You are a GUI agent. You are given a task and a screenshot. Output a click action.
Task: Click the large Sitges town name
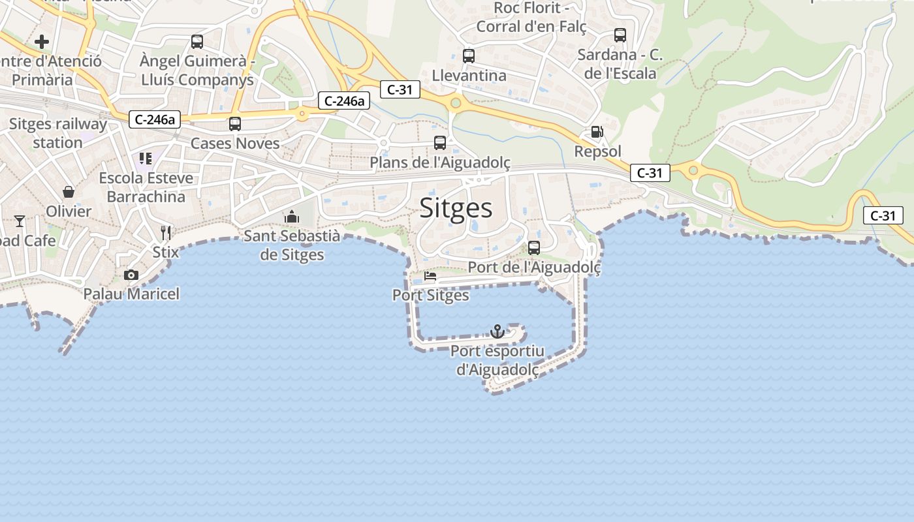[x=456, y=208]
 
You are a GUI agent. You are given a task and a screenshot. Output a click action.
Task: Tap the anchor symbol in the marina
[x=497, y=331]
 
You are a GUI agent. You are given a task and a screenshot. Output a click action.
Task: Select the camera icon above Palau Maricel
[x=131, y=275]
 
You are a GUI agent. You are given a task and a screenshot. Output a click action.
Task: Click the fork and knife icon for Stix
[x=166, y=232]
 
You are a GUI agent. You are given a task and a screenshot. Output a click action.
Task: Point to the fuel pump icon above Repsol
[x=597, y=132]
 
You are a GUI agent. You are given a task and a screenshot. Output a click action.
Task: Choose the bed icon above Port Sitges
[x=430, y=276]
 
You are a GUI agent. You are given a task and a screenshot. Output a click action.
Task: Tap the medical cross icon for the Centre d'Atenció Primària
[x=42, y=42]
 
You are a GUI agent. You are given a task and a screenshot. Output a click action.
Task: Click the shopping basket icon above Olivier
[x=69, y=192]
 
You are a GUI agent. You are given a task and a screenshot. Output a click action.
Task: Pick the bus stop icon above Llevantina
[x=468, y=56]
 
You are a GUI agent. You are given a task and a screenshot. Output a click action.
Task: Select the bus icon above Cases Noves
[x=235, y=124]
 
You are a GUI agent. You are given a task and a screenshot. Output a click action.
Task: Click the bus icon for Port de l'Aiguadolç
[x=534, y=248]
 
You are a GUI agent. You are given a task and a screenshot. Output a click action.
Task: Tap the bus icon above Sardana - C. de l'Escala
[x=620, y=35]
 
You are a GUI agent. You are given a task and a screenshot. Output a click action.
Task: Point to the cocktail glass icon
[x=20, y=221]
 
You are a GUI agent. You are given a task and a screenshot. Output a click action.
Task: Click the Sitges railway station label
[x=57, y=133]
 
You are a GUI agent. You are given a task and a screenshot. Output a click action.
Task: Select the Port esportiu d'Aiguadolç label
[x=497, y=360]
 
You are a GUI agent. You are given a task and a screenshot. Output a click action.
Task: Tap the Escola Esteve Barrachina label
[x=146, y=187]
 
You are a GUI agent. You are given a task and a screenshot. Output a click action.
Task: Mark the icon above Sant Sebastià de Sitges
[x=292, y=217]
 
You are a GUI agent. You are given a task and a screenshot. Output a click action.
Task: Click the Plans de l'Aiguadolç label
[x=440, y=162]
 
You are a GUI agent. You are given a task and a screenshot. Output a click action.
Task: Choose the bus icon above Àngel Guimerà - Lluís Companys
[x=197, y=42]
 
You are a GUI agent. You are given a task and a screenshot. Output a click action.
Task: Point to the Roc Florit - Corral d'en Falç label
[x=531, y=18]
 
